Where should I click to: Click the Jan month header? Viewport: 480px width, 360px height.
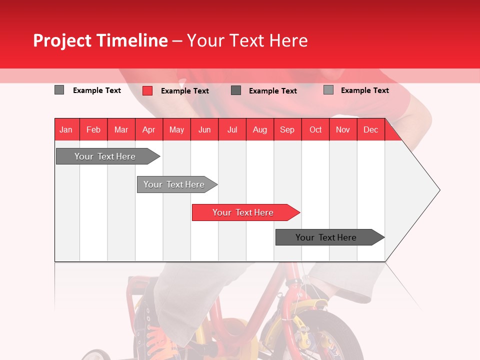pyautogui.click(x=66, y=129)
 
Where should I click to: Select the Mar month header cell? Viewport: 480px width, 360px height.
pyautogui.click(x=121, y=129)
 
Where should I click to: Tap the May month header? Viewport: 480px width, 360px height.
pyautogui.click(x=176, y=129)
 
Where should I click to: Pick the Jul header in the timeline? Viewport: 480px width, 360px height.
pyautogui.click(x=232, y=129)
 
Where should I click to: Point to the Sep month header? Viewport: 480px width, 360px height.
pyautogui.click(x=287, y=129)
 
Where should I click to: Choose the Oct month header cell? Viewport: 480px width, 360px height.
pyautogui.click(x=315, y=129)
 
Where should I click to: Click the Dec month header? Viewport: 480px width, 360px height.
pyautogui.click(x=370, y=129)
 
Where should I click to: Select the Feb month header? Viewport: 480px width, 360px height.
pyautogui.click(x=93, y=129)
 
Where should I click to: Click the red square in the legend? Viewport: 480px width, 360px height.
pyautogui.click(x=147, y=90)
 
